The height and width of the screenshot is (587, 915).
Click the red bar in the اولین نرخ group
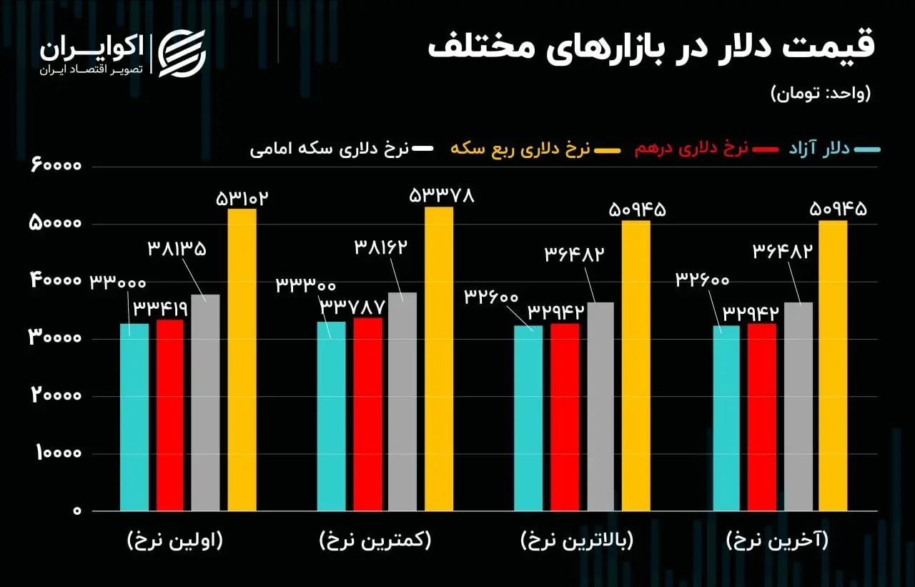pyautogui.click(x=170, y=415)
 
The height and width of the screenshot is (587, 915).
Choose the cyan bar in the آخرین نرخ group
pyautogui.click(x=727, y=418)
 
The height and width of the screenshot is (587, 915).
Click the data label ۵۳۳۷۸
pyautogui.click(x=441, y=195)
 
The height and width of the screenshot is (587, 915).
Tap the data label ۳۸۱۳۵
pyautogui.click(x=177, y=249)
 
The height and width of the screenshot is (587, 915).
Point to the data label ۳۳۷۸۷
pyautogui.click(x=352, y=306)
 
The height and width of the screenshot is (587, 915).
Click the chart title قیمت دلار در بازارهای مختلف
pyautogui.click(x=651, y=47)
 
